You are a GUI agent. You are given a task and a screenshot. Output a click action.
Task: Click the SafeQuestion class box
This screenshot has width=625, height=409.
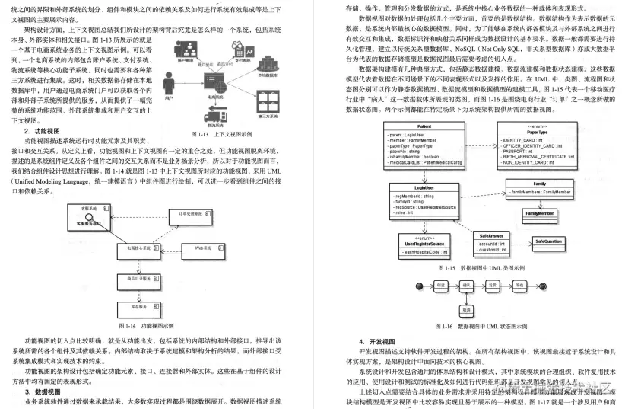click(x=548, y=241)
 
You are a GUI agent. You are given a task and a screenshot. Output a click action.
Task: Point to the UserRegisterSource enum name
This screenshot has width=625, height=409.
click(x=424, y=243)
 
